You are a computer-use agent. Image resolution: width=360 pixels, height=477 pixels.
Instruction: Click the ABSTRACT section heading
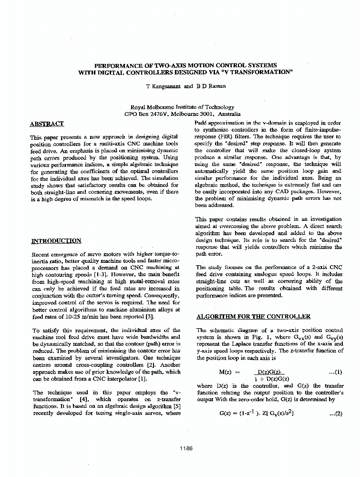(x=46, y=124)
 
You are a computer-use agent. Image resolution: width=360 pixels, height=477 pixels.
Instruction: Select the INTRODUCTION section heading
(x=56, y=241)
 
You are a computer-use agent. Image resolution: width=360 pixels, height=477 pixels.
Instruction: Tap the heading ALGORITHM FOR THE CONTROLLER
(x=253, y=317)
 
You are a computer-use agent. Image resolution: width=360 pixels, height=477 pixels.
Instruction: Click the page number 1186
(x=186, y=448)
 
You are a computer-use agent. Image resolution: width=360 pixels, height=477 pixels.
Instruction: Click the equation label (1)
(x=336, y=372)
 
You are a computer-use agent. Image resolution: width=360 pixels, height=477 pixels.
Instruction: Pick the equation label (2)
(x=336, y=414)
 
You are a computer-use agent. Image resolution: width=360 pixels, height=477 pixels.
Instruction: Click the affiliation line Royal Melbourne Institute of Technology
(x=182, y=107)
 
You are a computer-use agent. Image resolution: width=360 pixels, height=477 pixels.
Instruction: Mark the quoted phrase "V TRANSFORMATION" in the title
(x=252, y=72)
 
